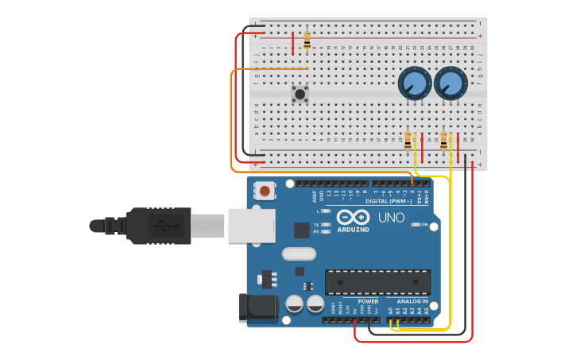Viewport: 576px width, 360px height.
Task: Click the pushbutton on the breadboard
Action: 300,94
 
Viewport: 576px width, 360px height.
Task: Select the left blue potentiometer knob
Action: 414,83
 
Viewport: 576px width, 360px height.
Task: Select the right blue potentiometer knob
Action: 450,83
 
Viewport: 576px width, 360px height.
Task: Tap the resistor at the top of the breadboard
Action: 307,40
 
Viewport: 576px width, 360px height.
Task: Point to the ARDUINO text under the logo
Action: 353,230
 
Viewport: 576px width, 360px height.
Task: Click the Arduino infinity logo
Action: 353,217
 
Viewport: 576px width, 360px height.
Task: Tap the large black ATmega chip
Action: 377,281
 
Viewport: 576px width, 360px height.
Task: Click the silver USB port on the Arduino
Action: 251,225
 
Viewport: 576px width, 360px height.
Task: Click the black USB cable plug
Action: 159,226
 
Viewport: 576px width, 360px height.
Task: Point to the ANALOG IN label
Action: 412,301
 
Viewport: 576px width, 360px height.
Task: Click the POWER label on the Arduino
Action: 368,301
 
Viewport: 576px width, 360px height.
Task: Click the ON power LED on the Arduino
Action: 416,225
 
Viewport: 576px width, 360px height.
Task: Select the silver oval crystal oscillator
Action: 299,254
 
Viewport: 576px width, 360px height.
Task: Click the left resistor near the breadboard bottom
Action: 408,141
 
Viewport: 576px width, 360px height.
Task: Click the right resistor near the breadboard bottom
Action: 443,141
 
